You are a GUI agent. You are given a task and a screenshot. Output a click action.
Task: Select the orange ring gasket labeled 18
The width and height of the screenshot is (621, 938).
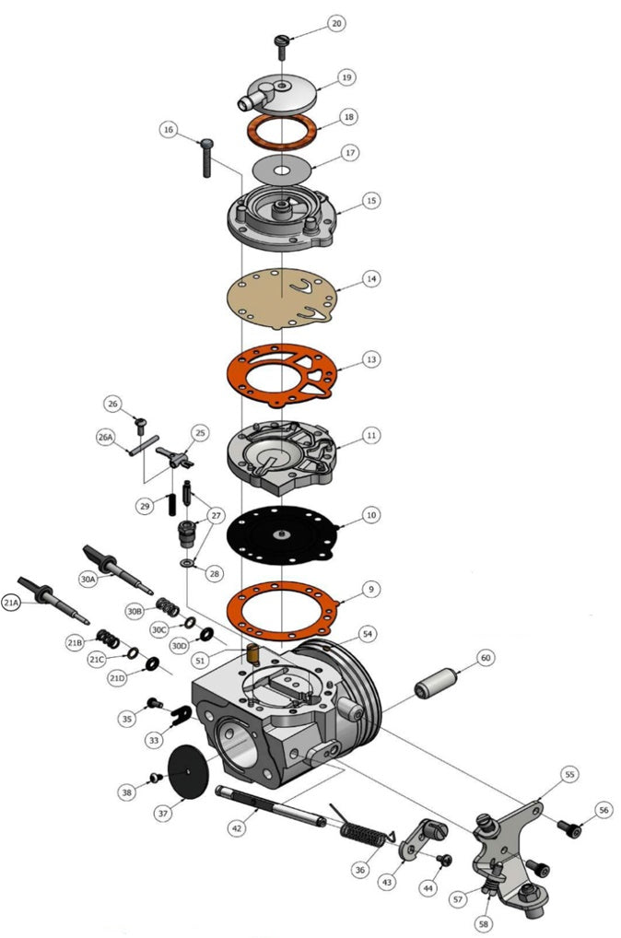click(281, 130)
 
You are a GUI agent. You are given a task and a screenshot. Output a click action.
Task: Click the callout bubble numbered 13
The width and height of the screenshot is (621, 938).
click(370, 358)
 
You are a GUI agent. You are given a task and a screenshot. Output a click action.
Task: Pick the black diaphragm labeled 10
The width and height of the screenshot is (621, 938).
click(281, 535)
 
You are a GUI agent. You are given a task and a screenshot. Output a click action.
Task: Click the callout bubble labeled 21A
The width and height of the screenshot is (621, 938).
click(12, 604)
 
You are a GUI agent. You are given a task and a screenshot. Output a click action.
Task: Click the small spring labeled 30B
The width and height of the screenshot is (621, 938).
click(167, 605)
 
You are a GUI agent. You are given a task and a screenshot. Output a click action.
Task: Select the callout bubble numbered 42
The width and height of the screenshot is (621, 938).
click(238, 828)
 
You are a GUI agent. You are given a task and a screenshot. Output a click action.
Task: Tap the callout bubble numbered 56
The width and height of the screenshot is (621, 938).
click(603, 810)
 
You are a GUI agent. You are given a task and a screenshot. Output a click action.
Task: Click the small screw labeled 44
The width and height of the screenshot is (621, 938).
click(444, 860)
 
